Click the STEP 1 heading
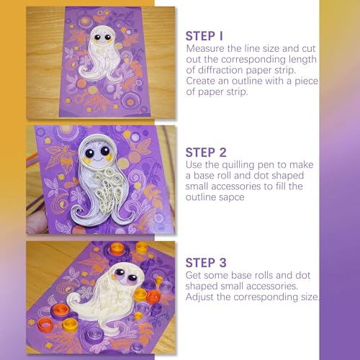click(x=204, y=36)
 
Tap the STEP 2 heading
click(x=206, y=153)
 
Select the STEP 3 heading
click(x=206, y=263)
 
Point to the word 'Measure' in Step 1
click(x=205, y=48)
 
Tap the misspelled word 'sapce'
click(x=231, y=198)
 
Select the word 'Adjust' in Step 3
click(x=199, y=297)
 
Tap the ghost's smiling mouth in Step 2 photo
click(x=97, y=159)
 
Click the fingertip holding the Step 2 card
click(x=36, y=222)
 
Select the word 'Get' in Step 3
click(x=193, y=275)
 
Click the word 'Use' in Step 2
click(x=194, y=165)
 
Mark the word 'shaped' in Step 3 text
click(x=201, y=287)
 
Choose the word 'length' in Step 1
click(x=302, y=60)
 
